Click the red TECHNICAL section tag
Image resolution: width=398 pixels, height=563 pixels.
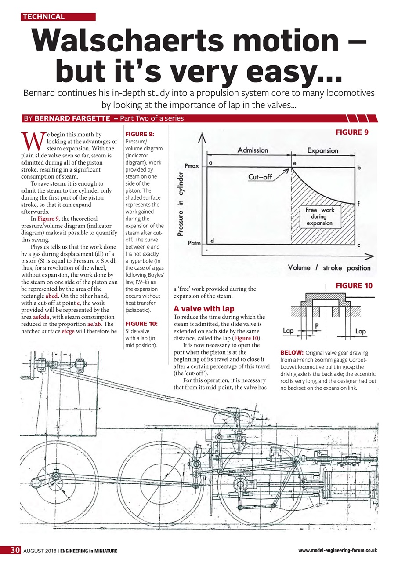click(x=44, y=17)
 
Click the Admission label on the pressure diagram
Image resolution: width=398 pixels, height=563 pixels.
click(x=253, y=150)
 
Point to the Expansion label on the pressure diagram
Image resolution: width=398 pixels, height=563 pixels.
click(x=323, y=150)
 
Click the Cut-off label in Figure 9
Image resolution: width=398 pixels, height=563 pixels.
click(x=261, y=177)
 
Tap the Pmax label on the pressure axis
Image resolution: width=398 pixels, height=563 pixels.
click(x=192, y=167)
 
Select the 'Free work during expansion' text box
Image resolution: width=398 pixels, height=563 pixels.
click(x=319, y=216)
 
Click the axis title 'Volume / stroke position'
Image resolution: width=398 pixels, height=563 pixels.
click(x=329, y=267)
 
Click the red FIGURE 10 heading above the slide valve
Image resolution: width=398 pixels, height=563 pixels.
click(x=354, y=286)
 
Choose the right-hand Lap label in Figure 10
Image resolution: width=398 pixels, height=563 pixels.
click(x=360, y=331)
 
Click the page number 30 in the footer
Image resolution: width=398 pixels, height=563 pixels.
click(x=16, y=550)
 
